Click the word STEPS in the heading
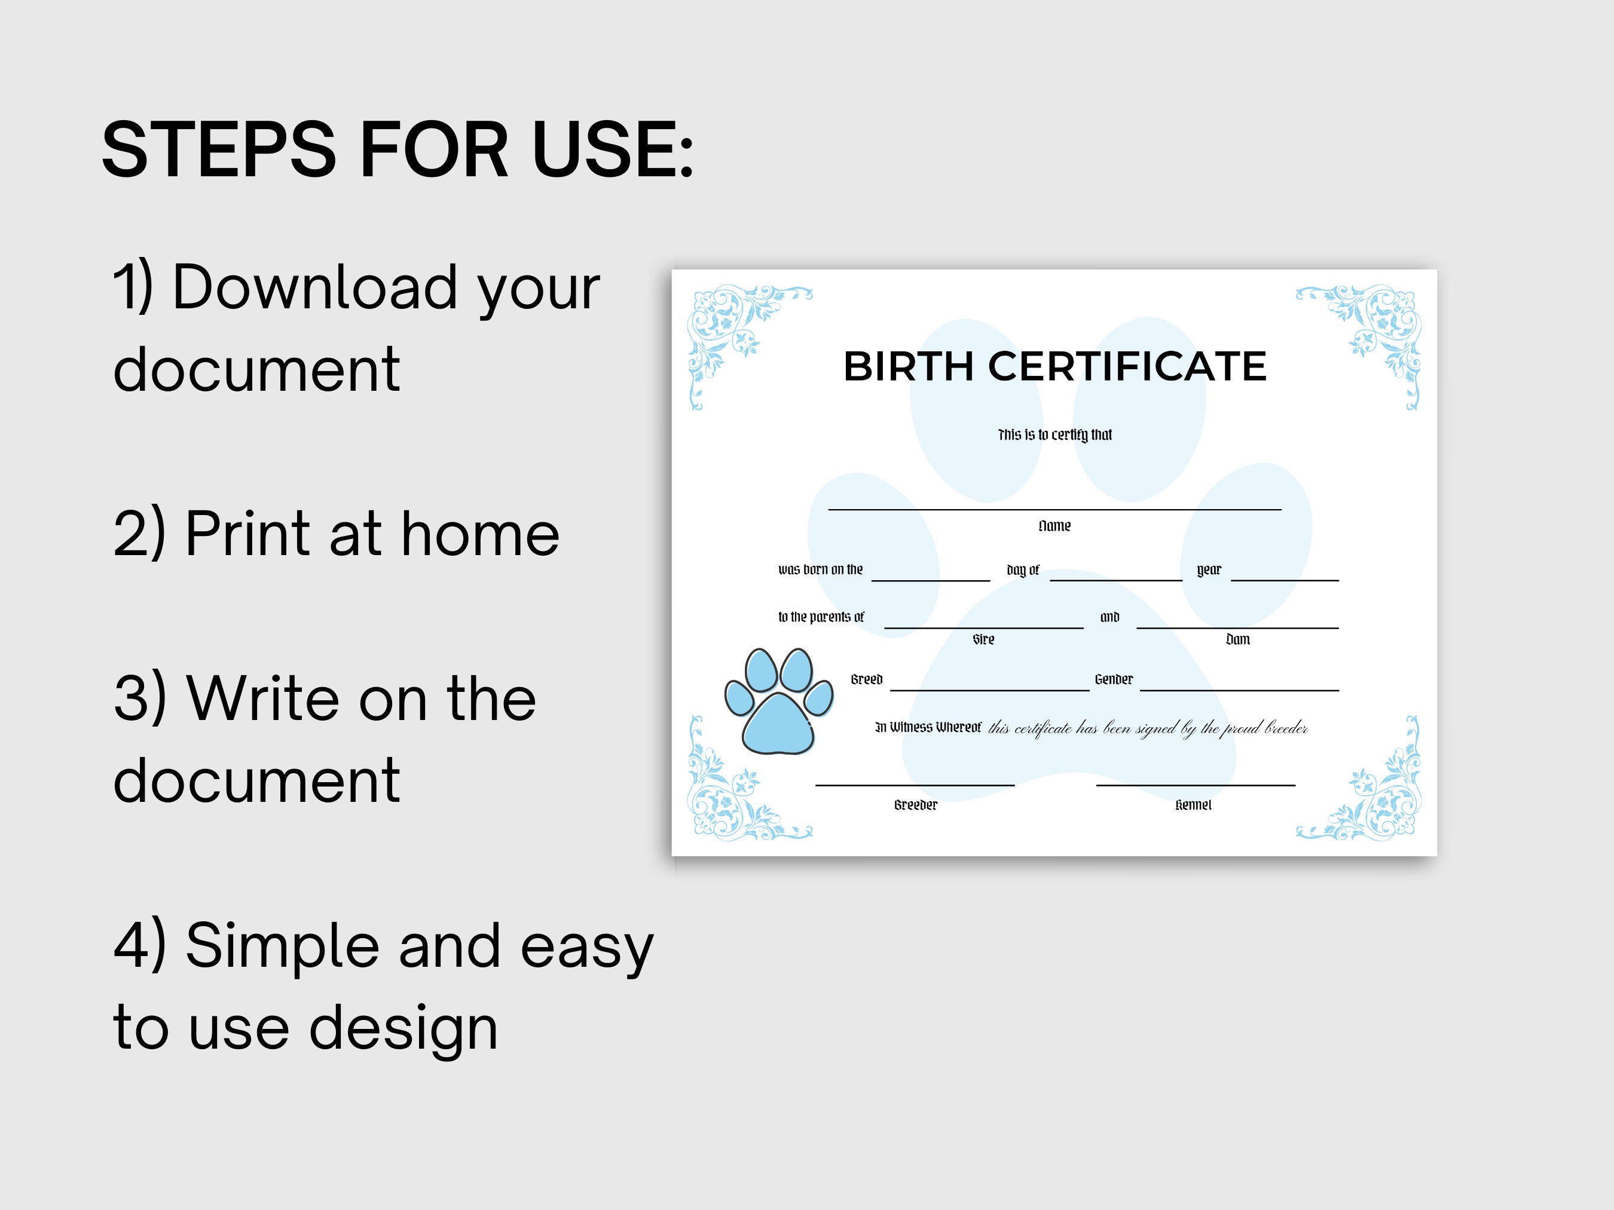coord(219,149)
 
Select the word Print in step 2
coord(249,533)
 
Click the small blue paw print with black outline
coord(778,701)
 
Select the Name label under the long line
coord(1054,526)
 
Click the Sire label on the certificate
coord(983,639)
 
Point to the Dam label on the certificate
coord(1237,639)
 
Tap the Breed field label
coord(867,680)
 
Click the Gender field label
coord(1114,680)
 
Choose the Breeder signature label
coord(916,805)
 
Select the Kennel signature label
coord(1193,805)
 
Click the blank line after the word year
coord(1285,581)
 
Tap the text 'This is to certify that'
coord(1055,434)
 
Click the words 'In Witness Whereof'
coord(928,727)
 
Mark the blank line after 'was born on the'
coord(931,581)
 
